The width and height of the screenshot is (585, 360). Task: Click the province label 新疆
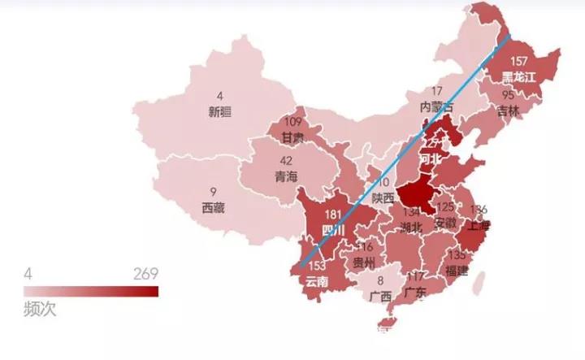(x=219, y=112)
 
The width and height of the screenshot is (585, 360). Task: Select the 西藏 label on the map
(x=213, y=208)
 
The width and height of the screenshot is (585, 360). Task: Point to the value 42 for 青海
(x=286, y=162)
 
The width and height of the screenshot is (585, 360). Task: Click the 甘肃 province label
(x=292, y=137)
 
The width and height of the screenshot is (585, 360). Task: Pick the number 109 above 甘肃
(x=291, y=123)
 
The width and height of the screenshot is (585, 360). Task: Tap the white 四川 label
(x=334, y=230)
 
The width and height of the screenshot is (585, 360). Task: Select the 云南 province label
(x=318, y=281)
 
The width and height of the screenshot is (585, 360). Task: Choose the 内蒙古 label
(x=437, y=106)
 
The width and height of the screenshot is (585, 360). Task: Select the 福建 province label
(x=456, y=270)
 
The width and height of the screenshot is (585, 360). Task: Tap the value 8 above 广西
(x=380, y=280)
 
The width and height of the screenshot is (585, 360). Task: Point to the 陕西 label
(x=383, y=197)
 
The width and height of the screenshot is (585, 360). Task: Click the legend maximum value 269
(x=145, y=273)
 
